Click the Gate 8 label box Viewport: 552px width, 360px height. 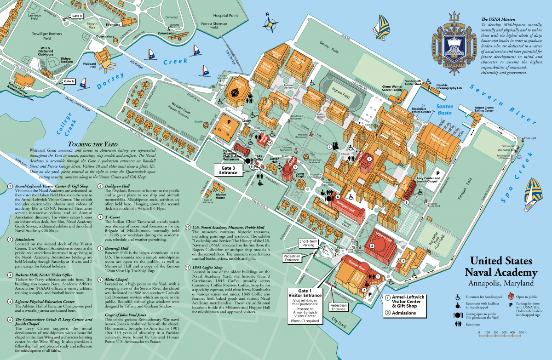pyautogui.click(x=77, y=16)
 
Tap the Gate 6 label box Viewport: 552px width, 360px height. pyautogui.click(x=69, y=81)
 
